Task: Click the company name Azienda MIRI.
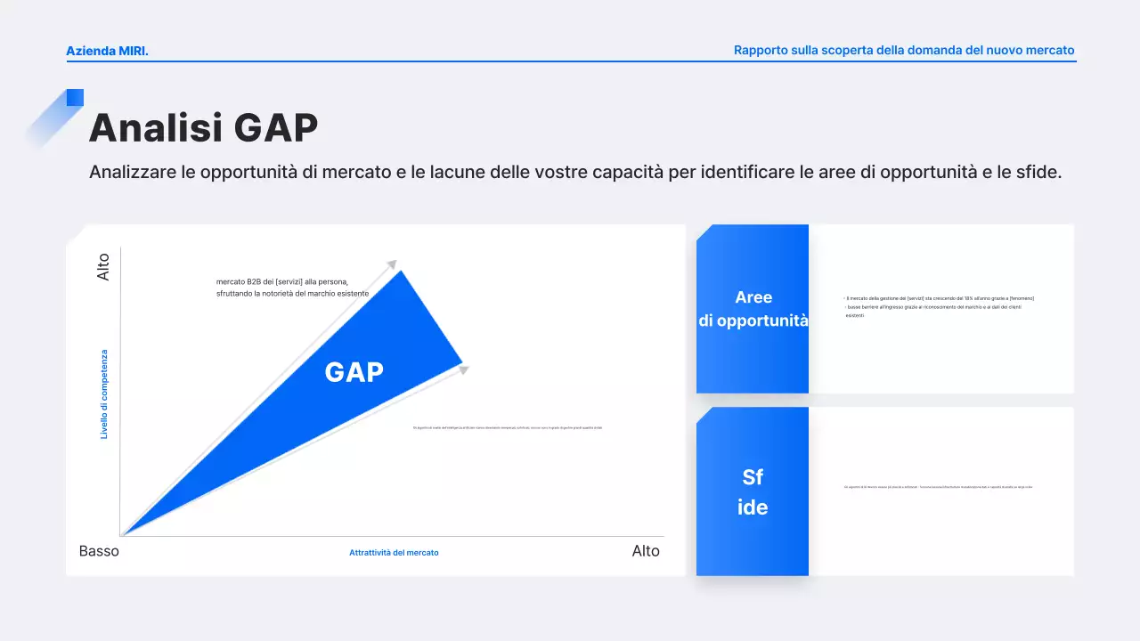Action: (107, 51)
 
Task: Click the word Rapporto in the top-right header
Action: (761, 51)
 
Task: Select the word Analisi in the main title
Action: (156, 127)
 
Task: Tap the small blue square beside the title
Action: (75, 97)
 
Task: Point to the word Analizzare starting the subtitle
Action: (132, 173)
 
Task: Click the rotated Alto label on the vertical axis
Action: (103, 267)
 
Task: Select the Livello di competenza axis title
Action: (104, 394)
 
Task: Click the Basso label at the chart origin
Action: (99, 551)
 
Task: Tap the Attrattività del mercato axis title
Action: (394, 553)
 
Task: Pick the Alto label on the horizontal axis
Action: (646, 551)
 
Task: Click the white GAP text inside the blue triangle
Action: (354, 372)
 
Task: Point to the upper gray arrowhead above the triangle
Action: (391, 264)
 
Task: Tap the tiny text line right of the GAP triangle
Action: (508, 428)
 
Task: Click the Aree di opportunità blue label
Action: (753, 309)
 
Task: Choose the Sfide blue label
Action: (753, 492)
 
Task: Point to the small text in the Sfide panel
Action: (938, 487)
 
